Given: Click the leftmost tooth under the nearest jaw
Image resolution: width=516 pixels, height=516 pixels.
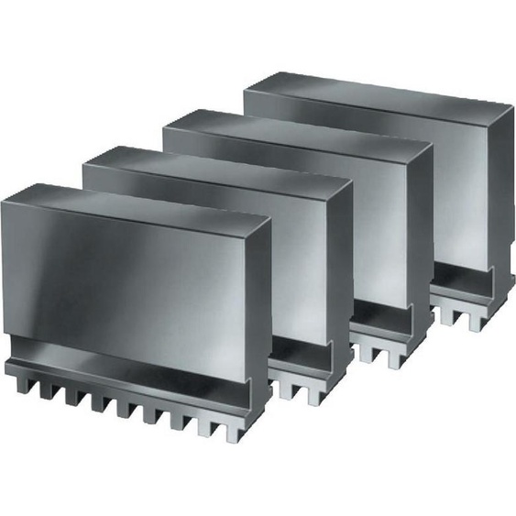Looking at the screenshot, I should click(x=20, y=383).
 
